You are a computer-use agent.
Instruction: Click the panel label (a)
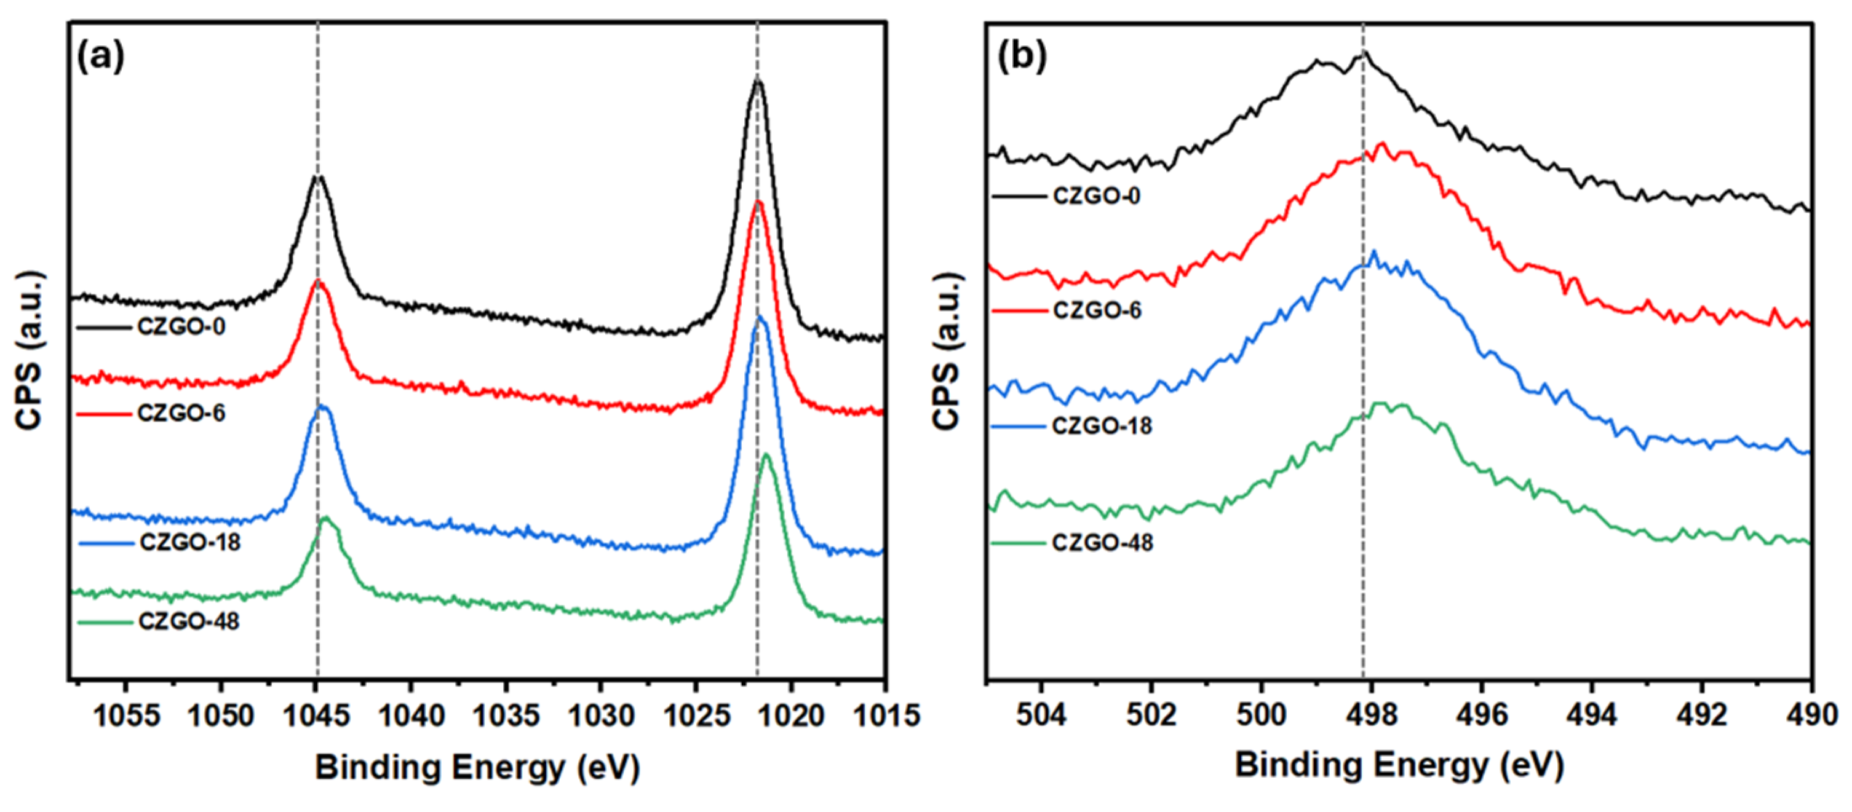click(101, 56)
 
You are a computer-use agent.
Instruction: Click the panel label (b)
click(1022, 56)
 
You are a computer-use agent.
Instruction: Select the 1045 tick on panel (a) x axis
click(316, 715)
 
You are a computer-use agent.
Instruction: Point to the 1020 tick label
click(791, 715)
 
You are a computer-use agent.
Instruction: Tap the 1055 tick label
click(127, 715)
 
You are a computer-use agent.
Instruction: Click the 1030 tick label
click(601, 715)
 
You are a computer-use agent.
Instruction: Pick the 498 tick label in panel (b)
click(1372, 715)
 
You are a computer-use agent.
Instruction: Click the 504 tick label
click(1042, 715)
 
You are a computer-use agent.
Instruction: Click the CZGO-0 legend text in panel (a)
click(181, 327)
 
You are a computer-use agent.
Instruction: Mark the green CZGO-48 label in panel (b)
click(1102, 543)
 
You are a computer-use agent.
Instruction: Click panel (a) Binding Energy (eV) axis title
click(477, 768)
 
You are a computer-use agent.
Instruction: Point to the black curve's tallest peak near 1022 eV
click(757, 81)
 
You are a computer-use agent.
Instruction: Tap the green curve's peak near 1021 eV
click(766, 455)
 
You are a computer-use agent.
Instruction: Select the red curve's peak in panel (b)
click(1381, 144)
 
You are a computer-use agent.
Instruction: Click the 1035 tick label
click(506, 715)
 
